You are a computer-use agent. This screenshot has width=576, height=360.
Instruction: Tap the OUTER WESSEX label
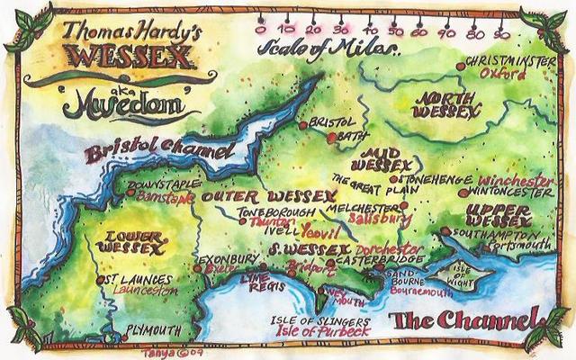tap(247, 195)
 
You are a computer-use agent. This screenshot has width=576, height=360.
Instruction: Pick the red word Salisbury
tap(382, 218)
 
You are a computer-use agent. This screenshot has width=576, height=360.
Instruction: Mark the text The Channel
tap(463, 320)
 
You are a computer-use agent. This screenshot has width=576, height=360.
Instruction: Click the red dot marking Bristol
tap(304, 123)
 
